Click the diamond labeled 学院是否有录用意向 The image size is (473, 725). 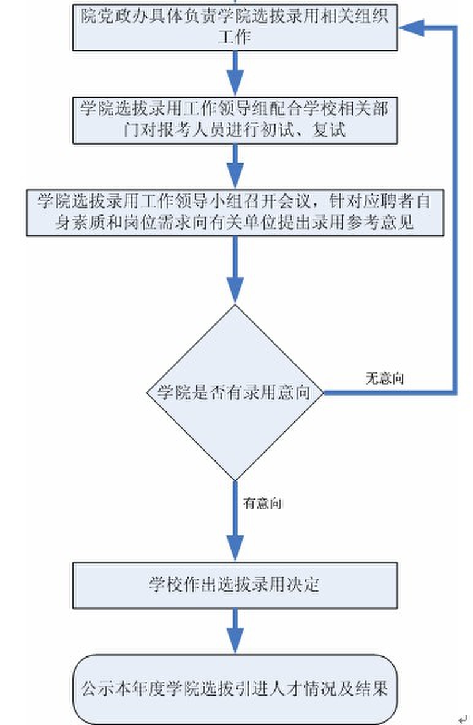(x=235, y=392)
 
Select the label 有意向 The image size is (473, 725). (x=262, y=505)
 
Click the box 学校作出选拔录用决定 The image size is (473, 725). (x=235, y=585)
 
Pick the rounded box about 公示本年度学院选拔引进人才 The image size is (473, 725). (x=235, y=689)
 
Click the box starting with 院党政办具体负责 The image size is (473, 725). (x=235, y=28)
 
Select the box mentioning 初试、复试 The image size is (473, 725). (x=235, y=120)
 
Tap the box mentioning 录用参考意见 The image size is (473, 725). (x=235, y=212)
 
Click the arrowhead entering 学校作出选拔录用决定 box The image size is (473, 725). (x=235, y=547)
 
